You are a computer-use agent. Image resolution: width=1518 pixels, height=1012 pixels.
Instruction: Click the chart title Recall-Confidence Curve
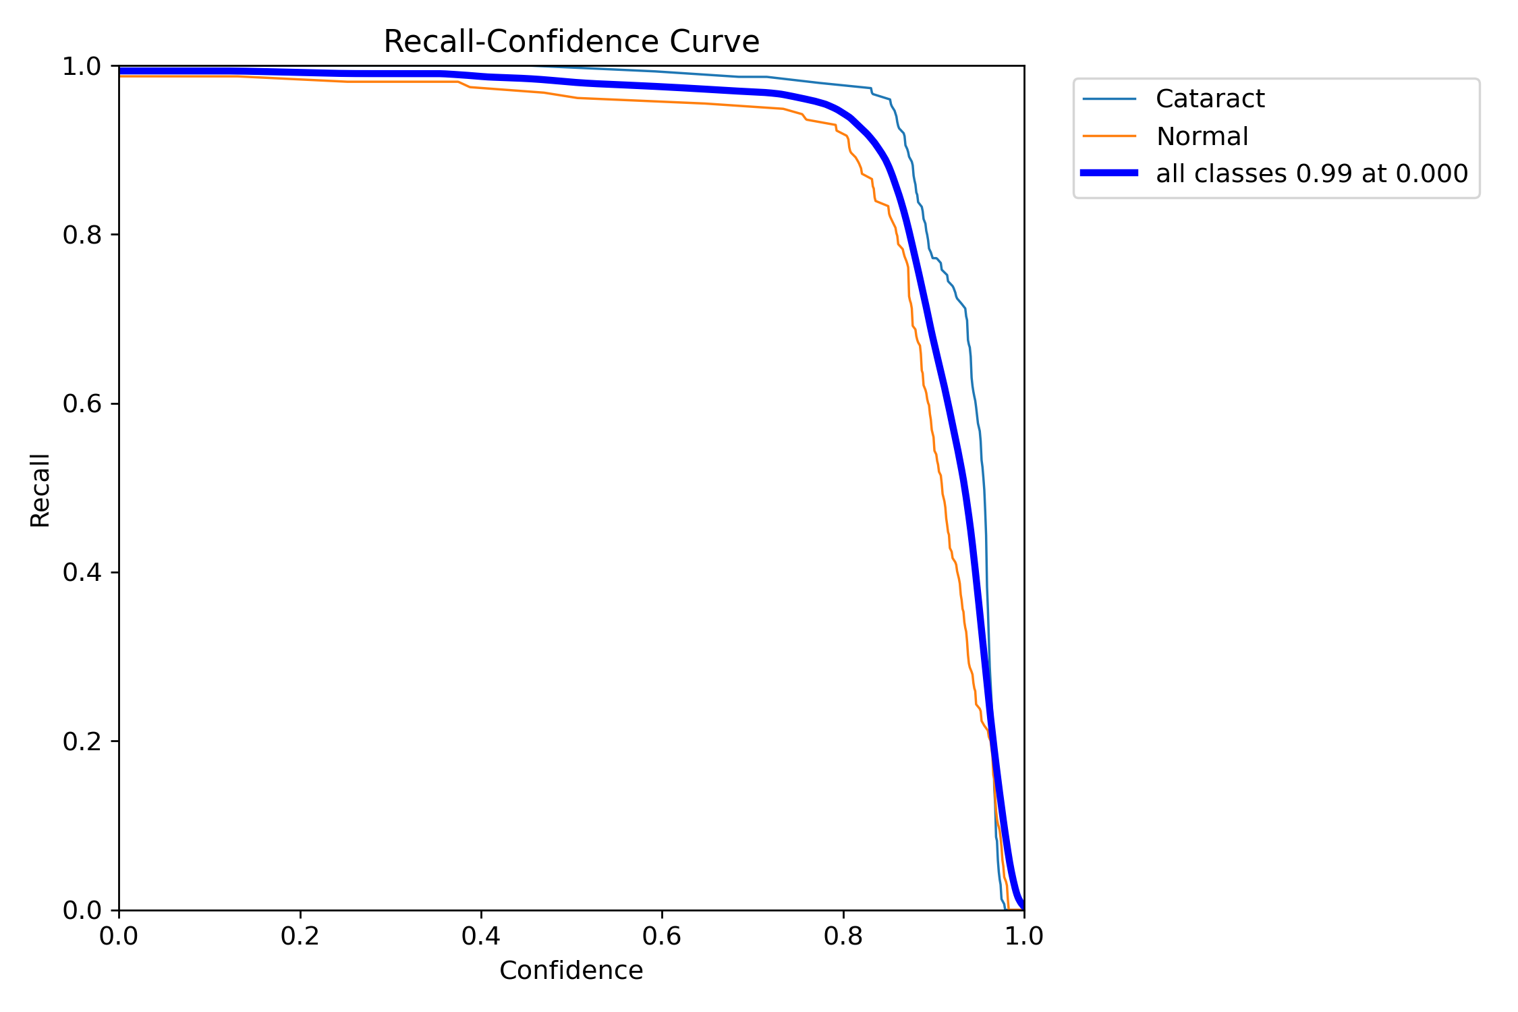tap(571, 42)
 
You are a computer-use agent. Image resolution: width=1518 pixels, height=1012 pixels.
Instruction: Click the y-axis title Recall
tap(40, 490)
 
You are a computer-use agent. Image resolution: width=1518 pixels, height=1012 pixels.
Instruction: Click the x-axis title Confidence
tap(571, 970)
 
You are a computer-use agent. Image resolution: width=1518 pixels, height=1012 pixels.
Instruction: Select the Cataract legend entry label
tap(1210, 99)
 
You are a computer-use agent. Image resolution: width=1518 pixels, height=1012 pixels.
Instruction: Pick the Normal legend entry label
tap(1202, 136)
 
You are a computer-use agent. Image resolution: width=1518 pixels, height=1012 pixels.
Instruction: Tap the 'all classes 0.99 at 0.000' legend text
tap(1312, 173)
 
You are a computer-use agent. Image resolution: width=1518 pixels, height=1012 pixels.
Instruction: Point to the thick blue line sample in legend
tap(1109, 173)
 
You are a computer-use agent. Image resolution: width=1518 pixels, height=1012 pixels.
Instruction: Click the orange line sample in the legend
tap(1109, 136)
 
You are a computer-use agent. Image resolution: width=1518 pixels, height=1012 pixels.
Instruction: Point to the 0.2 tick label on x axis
tap(300, 936)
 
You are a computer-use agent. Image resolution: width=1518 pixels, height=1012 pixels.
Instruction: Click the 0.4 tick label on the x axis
tap(480, 936)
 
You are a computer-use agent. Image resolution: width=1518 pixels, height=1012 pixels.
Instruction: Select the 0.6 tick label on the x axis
tap(662, 936)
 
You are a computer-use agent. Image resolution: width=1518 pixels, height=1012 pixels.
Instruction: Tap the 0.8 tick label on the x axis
tap(843, 936)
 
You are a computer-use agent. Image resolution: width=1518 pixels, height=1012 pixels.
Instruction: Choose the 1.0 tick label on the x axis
tap(1024, 936)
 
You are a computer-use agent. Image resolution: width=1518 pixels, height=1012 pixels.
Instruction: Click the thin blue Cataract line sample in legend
tap(1109, 99)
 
